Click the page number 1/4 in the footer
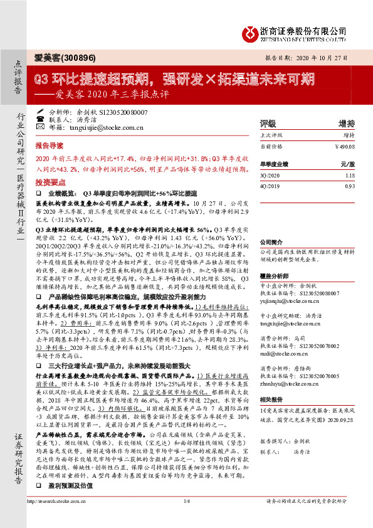click(186, 518)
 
